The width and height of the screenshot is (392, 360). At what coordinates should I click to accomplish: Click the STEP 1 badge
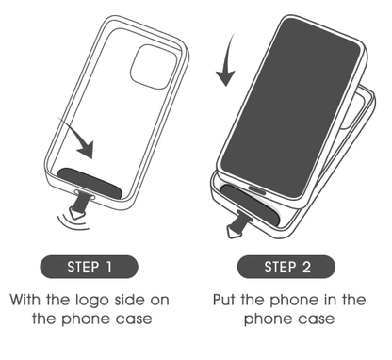(x=89, y=267)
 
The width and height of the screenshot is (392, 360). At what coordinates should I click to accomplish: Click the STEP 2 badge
(x=286, y=267)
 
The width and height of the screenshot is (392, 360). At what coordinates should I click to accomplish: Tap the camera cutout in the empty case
(x=154, y=67)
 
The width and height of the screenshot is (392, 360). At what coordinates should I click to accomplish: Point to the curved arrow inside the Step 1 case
(x=80, y=139)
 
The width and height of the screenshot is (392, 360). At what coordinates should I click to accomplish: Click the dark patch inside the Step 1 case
(x=90, y=183)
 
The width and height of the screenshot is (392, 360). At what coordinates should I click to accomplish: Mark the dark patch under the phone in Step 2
(x=250, y=205)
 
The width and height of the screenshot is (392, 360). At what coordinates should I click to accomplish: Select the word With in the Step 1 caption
(x=26, y=300)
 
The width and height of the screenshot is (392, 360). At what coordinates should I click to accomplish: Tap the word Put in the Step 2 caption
(x=224, y=300)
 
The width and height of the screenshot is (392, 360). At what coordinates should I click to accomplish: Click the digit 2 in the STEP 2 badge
(x=306, y=267)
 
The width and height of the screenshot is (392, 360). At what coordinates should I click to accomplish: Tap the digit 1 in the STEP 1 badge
(x=109, y=267)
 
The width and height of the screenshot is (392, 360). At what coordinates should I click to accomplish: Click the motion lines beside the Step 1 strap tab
(x=70, y=222)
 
